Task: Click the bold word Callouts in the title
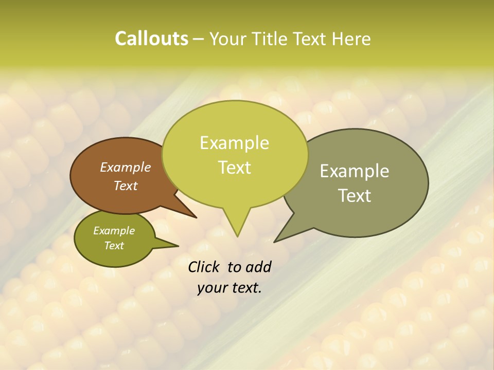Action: point(151,39)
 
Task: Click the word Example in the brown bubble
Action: point(125,167)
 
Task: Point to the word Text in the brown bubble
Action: point(125,186)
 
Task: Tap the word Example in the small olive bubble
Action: point(114,231)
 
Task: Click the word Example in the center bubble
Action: point(234,143)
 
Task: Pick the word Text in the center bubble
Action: point(234,168)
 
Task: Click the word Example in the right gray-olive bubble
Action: point(355,171)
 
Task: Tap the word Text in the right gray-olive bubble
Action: point(355,196)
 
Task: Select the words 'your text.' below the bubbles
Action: point(230,288)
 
